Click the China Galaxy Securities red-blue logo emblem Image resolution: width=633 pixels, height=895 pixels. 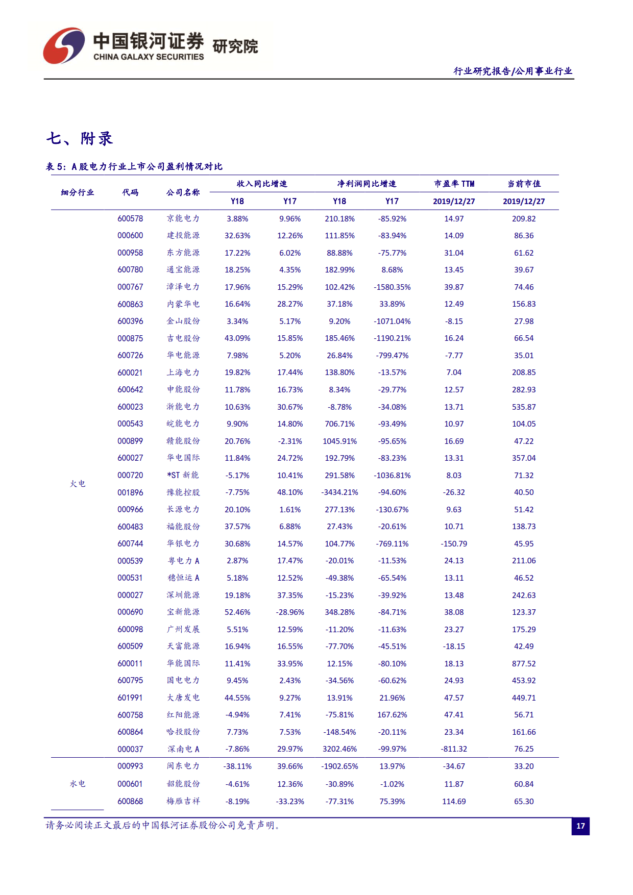click(x=64, y=46)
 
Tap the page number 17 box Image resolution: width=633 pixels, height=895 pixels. click(x=580, y=826)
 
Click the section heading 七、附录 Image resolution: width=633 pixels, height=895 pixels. click(x=79, y=138)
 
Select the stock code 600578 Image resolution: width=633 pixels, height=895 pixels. click(x=130, y=218)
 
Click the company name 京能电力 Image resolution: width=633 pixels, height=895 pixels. click(x=183, y=218)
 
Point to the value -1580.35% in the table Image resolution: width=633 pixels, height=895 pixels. click(x=392, y=287)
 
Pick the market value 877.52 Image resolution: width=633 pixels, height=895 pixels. click(x=524, y=663)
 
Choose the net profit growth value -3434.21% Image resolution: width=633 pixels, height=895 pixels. click(x=339, y=492)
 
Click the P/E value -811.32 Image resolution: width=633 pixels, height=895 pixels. click(x=454, y=749)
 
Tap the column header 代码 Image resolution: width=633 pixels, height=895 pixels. click(x=130, y=192)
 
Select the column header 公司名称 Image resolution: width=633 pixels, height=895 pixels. click(x=183, y=192)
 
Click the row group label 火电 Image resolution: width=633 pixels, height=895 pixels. click(x=78, y=484)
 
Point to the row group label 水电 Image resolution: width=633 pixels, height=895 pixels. click(x=78, y=784)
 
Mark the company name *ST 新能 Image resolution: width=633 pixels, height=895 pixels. click(x=183, y=475)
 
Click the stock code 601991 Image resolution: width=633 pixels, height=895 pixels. click(x=130, y=698)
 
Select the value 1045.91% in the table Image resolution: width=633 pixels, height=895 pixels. click(x=339, y=441)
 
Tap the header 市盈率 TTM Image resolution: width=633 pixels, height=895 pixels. click(x=454, y=184)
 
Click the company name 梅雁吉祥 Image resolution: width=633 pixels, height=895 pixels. click(x=183, y=801)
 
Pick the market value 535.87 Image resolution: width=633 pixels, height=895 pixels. click(x=524, y=407)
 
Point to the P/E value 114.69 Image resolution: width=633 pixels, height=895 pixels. click(x=454, y=801)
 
